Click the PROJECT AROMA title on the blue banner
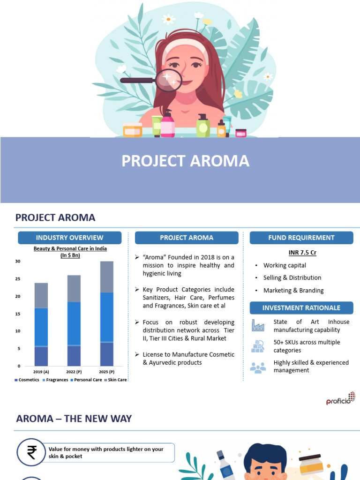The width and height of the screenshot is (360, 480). (185, 161)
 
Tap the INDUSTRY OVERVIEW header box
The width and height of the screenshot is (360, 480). (69, 238)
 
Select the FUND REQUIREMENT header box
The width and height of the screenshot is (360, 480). (301, 238)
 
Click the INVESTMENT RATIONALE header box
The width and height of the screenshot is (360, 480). (301, 308)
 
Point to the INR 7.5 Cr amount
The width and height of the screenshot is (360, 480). (302, 253)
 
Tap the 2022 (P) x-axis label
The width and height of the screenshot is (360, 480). (74, 371)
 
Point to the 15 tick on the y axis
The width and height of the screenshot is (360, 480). (18, 314)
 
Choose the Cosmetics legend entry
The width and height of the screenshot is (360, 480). (27, 380)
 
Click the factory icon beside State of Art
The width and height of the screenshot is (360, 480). (258, 325)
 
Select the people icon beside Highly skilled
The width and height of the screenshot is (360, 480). (258, 367)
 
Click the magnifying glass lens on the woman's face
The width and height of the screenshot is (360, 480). (169, 81)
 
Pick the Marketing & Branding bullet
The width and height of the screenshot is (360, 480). (293, 291)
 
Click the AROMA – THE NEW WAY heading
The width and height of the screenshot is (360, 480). (74, 419)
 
